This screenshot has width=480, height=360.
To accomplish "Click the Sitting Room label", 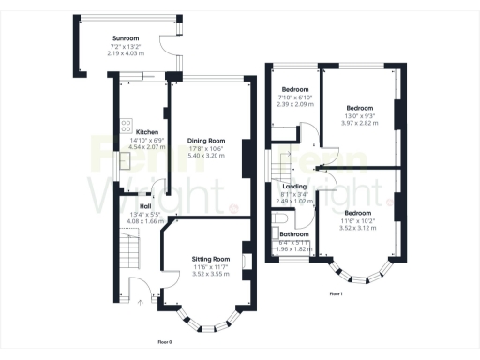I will [x=210, y=258].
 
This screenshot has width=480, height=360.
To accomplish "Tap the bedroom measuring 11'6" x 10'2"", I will [x=357, y=213].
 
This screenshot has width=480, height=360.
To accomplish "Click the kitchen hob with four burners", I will [x=125, y=125].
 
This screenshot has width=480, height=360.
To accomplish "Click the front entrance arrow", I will [x=139, y=302].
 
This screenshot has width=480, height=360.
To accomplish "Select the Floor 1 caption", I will [x=336, y=293].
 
